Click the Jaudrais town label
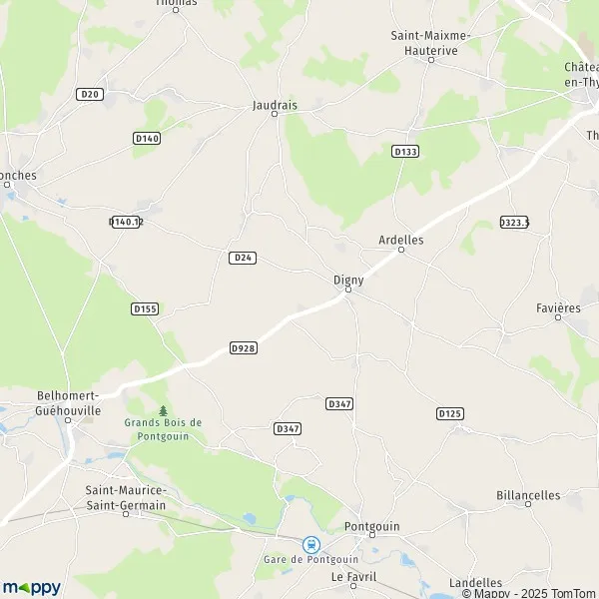pyautogui.click(x=275, y=103)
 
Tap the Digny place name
pyautogui.click(x=347, y=280)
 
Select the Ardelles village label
pyautogui.click(x=401, y=240)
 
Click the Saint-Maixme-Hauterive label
pyautogui.click(x=431, y=41)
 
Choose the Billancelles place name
pyautogui.click(x=528, y=495)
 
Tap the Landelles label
pyautogui.click(x=475, y=582)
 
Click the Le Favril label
pyautogui.click(x=351, y=577)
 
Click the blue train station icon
pyautogui.click(x=311, y=544)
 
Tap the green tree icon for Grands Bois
pyautogui.click(x=163, y=410)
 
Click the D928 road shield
pyautogui.click(x=243, y=347)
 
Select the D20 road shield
pyautogui.click(x=90, y=93)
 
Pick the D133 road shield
pyautogui.click(x=404, y=151)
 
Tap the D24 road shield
pyautogui.click(x=243, y=258)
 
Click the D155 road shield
pyautogui.click(x=145, y=309)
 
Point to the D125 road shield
pyautogui.click(x=449, y=412)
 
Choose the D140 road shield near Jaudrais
pyautogui.click(x=146, y=138)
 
